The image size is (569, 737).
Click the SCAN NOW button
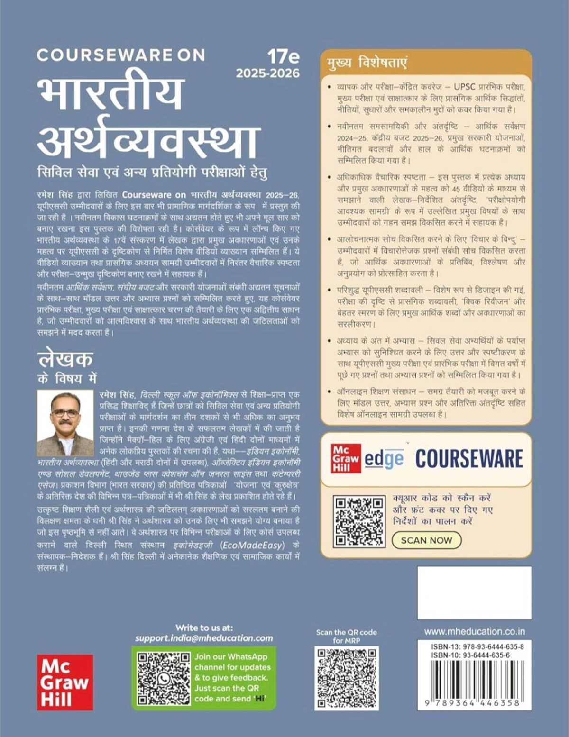426,540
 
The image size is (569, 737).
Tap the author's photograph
65,423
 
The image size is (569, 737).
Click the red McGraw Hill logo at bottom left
65,682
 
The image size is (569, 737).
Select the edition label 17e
283,57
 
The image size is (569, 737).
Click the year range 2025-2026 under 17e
268,73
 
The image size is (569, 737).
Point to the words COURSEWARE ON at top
121,55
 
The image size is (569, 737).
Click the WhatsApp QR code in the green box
163,678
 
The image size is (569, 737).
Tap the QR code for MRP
347,678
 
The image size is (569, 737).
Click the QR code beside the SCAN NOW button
358,520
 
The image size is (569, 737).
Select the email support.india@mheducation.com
204,638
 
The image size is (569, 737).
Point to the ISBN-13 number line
477,646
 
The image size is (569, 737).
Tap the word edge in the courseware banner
384,459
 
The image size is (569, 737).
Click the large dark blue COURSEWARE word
469,459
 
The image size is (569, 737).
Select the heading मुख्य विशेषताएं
367,63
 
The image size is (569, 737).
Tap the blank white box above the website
474,592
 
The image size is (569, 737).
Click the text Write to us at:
204,628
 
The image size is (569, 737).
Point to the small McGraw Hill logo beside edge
346,458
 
